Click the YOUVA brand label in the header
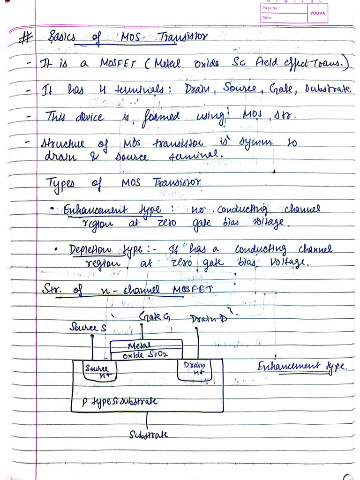pos(317,13)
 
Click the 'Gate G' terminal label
pos(154,318)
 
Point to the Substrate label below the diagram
pos(148,435)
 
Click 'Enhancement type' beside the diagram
pos(302,367)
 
